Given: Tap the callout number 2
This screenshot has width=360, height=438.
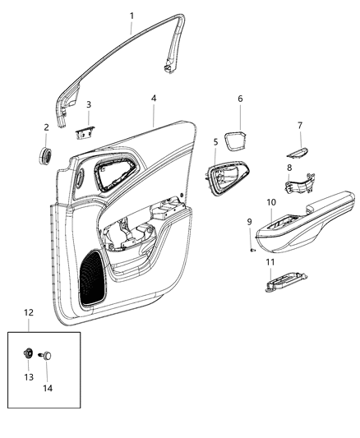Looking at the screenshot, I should coord(47,127).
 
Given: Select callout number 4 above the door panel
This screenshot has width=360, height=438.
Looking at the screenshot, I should coord(154,99).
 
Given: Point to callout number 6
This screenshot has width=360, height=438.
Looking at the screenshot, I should coord(240,99).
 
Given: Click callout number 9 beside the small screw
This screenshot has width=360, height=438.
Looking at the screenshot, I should coord(250,221).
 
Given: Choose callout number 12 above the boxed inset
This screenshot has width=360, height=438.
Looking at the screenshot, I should coord(28,312).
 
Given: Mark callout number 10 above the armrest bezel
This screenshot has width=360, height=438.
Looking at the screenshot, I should coord(271,202).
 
